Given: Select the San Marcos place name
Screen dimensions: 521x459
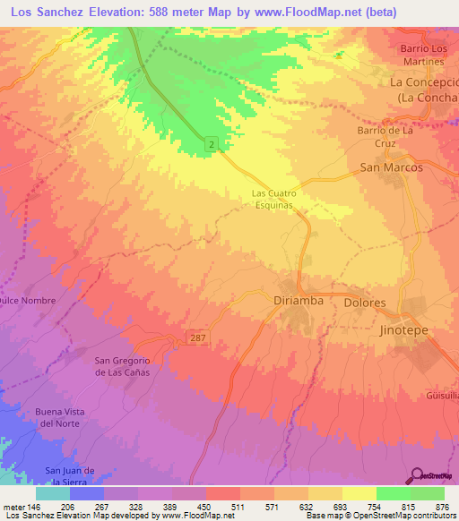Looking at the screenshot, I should coord(391,167).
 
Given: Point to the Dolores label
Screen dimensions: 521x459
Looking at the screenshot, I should coord(365,303).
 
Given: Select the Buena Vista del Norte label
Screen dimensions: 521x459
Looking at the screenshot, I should coord(58,416).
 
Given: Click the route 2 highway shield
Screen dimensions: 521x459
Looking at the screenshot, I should coord(211,143).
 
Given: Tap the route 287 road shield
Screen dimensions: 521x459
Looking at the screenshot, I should coord(199,336).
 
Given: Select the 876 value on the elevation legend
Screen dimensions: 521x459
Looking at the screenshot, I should coord(442,506).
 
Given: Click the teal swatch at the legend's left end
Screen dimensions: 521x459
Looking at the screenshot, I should coord(52,492).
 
